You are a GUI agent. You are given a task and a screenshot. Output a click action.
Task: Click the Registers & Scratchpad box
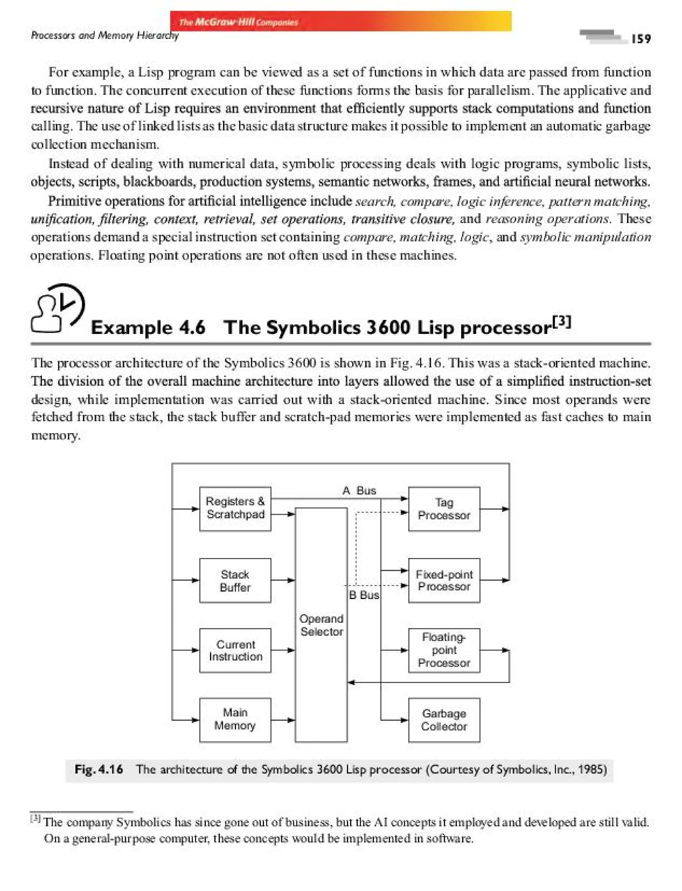[x=235, y=508]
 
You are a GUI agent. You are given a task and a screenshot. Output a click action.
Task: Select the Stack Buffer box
[x=235, y=580]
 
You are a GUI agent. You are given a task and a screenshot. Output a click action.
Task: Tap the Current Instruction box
[x=235, y=650]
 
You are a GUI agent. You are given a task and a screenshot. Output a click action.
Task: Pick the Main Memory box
[x=235, y=720]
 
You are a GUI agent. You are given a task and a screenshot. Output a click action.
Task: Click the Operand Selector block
[x=321, y=625]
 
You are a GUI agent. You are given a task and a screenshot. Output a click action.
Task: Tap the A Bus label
[x=359, y=490]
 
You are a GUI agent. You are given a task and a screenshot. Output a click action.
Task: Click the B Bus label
[x=364, y=595]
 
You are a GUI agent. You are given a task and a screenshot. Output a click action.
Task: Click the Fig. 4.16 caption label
[x=99, y=769]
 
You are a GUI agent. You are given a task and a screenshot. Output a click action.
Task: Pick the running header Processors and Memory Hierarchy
[x=105, y=36]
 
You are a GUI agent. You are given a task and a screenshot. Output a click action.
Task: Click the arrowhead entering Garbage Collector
[x=404, y=720]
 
